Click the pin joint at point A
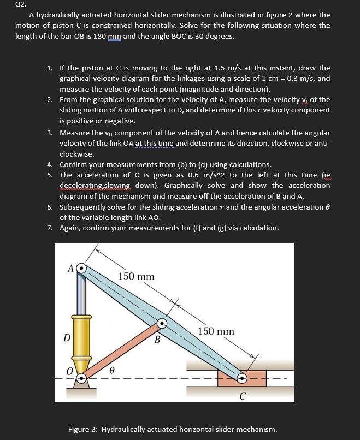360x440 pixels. click(x=81, y=269)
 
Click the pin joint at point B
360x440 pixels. click(x=162, y=324)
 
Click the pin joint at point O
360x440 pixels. click(x=81, y=378)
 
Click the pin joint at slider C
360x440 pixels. click(x=243, y=378)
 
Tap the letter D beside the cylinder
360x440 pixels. click(x=66, y=337)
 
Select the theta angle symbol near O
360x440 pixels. click(x=110, y=370)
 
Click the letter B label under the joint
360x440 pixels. click(x=157, y=341)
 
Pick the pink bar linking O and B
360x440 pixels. click(x=122, y=351)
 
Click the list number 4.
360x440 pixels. click(x=50, y=164)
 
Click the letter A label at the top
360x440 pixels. click(x=70, y=268)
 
